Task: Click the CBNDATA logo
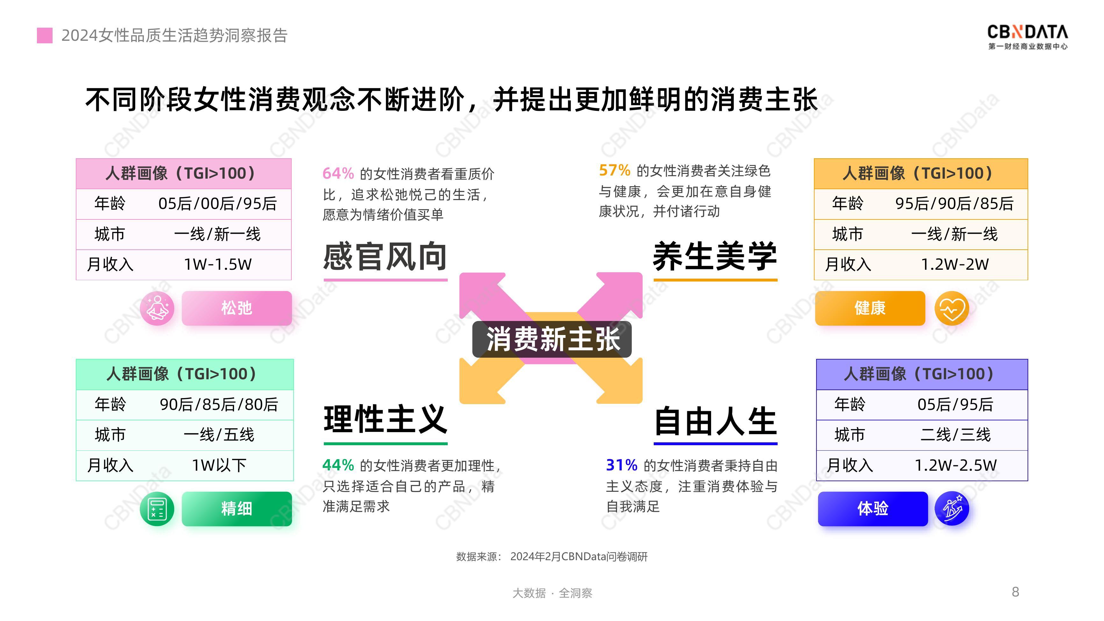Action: [1027, 37]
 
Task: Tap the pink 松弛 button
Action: [237, 308]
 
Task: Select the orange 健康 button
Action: [870, 308]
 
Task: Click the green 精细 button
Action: [237, 509]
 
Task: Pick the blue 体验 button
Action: [873, 509]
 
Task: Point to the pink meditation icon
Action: [157, 308]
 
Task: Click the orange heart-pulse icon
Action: [952, 309]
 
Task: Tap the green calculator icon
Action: [157, 509]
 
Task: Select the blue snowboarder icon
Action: [952, 509]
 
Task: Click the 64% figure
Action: [338, 174]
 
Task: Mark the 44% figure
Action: [338, 465]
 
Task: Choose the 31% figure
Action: [622, 465]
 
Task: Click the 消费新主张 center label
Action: [552, 339]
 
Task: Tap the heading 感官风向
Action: [385, 256]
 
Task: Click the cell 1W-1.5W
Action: [218, 264]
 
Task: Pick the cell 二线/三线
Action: [955, 435]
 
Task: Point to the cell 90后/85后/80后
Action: [218, 404]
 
